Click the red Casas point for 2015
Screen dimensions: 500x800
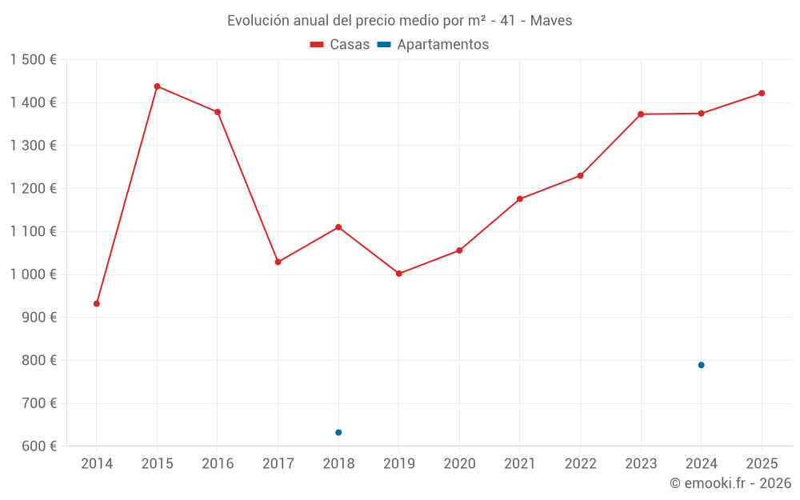[157, 86]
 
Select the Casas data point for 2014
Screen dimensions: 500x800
[97, 304]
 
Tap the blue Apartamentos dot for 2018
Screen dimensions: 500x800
[338, 433]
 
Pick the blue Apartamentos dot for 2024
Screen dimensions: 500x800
[701, 365]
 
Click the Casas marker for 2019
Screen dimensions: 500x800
[399, 274]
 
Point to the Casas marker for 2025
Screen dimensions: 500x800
[762, 94]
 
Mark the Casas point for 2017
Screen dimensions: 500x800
[278, 262]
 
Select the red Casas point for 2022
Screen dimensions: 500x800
[580, 176]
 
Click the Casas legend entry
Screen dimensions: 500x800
[340, 45]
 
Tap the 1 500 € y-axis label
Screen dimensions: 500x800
[33, 60]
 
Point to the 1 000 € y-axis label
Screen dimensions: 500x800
[33, 274]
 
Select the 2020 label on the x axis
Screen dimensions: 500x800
[459, 464]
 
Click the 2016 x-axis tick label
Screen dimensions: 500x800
[218, 464]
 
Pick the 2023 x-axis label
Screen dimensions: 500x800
[641, 464]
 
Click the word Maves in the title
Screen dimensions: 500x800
[551, 21]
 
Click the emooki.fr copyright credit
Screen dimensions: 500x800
[730, 483]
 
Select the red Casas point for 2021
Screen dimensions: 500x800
[520, 199]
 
